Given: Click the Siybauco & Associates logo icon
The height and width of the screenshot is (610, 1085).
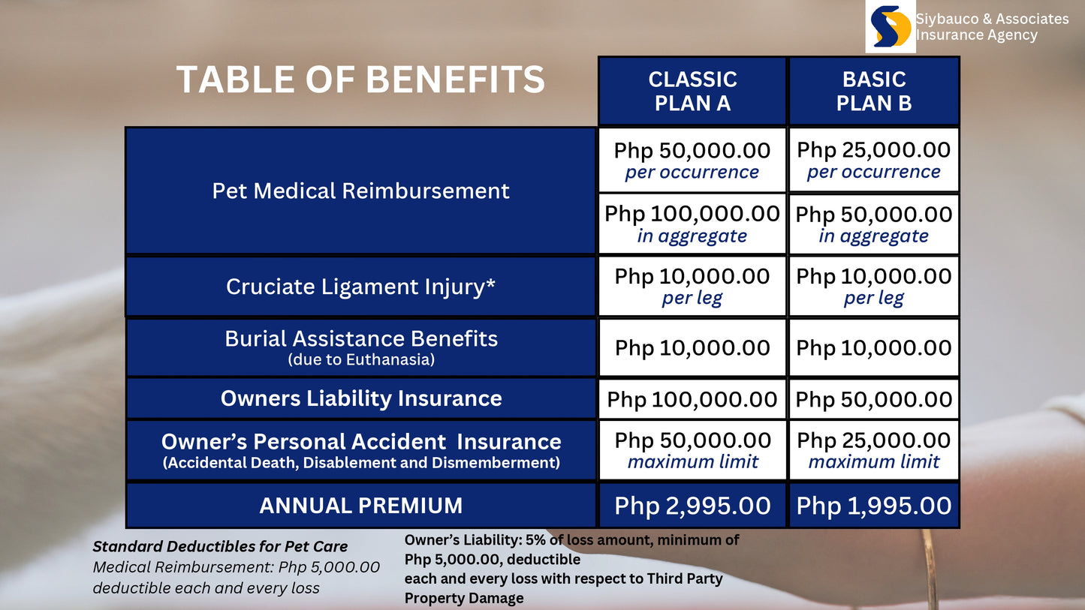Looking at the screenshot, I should pyautogui.click(x=891, y=26).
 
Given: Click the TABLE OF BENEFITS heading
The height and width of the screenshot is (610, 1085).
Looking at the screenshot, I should pyautogui.click(x=360, y=80).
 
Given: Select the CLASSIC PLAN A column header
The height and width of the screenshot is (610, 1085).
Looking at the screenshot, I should pyautogui.click(x=692, y=91).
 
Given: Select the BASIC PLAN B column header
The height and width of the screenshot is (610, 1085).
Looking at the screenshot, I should pyautogui.click(x=874, y=91).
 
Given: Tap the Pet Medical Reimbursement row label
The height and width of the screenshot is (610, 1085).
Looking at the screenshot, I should pyautogui.click(x=360, y=191).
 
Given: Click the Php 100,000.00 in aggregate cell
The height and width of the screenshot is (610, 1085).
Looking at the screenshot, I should pyautogui.click(x=692, y=224).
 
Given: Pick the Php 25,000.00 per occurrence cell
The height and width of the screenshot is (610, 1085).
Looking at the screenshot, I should pyautogui.click(x=874, y=160).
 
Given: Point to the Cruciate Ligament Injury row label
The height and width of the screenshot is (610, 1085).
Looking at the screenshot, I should pyautogui.click(x=360, y=287).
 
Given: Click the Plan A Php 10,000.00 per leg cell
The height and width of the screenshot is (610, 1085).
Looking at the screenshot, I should pyautogui.click(x=692, y=286).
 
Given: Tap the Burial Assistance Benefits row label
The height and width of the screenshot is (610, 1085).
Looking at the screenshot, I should pyautogui.click(x=360, y=347).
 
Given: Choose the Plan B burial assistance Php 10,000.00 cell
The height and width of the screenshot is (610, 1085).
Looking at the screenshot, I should pyautogui.click(x=874, y=347).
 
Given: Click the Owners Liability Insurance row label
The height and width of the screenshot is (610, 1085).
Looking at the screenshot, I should pyautogui.click(x=360, y=398).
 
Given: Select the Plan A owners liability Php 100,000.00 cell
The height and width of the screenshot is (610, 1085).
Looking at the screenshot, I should pyautogui.click(x=692, y=399).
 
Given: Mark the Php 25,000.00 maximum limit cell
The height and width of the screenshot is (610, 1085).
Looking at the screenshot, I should pyautogui.click(x=874, y=449).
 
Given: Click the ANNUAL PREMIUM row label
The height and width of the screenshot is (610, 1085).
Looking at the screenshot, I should pyautogui.click(x=360, y=506).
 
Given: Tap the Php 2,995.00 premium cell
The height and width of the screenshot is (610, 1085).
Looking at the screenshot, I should pyautogui.click(x=692, y=506).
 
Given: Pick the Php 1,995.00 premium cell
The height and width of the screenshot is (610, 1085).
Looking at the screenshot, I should pyautogui.click(x=874, y=506).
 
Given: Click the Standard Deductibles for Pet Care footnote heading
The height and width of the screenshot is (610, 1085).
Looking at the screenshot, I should pyautogui.click(x=220, y=546).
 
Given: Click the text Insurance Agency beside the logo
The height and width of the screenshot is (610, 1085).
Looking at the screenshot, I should pyautogui.click(x=976, y=35).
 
